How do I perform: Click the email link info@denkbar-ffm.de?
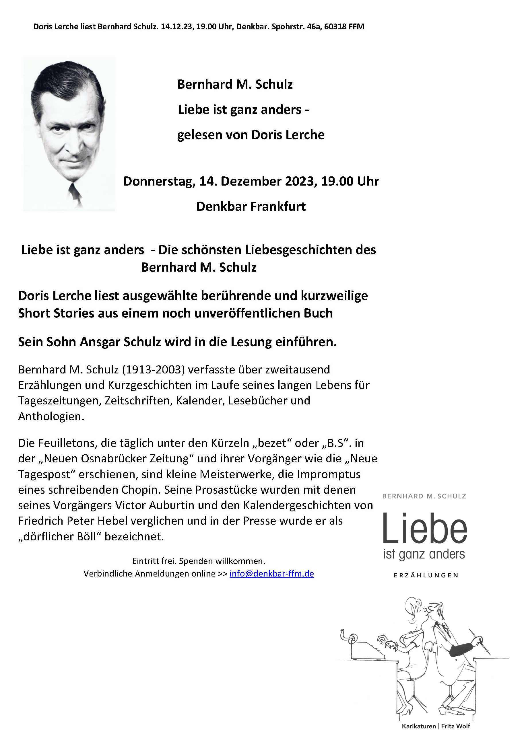tap(271, 574)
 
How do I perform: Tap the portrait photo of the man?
tap(69, 134)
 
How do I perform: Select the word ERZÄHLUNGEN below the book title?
tap(426, 575)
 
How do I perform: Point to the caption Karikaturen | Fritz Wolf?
tap(436, 726)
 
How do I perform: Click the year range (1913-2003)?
tap(154, 370)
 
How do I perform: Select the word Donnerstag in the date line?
tap(159, 181)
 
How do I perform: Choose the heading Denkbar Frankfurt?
tap(251, 206)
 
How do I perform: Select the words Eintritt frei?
tap(154, 561)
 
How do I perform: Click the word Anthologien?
tap(51, 416)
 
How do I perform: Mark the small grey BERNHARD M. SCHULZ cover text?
tap(424, 496)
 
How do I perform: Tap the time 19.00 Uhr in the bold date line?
tap(350, 181)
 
